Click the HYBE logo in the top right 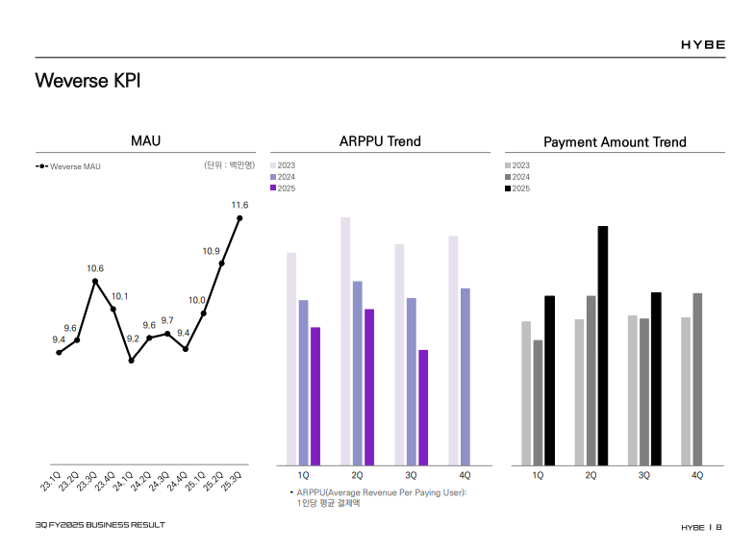coord(703,44)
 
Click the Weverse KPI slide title coord(88,80)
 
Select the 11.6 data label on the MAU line coord(239,205)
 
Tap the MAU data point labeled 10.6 coord(95,281)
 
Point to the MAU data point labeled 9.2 coord(132,360)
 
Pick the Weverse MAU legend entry coord(68,166)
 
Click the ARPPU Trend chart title coord(380,141)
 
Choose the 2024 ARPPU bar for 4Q coord(466,376)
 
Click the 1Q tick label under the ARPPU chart coord(304,475)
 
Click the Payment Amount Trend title coord(615,142)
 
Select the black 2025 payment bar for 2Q coord(603,345)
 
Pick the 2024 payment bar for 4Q coord(697,379)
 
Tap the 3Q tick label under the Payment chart coord(644,475)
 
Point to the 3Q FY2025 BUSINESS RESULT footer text coord(100,525)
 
